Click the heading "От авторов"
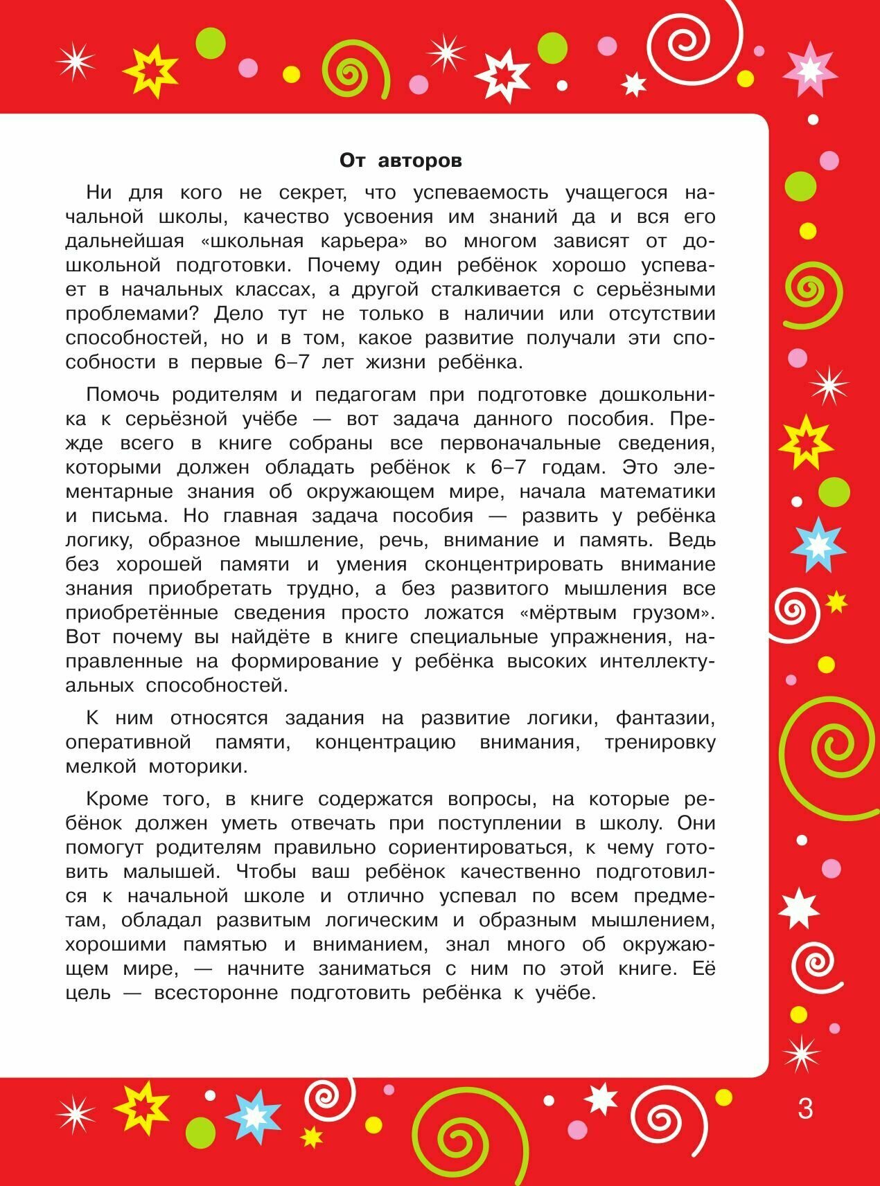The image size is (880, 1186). pyautogui.click(x=401, y=161)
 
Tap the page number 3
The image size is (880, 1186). pyautogui.click(x=805, y=1108)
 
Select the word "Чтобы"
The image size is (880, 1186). pyautogui.click(x=265, y=872)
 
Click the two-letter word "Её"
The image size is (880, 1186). pyautogui.click(x=703, y=969)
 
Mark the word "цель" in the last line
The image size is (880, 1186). pyautogui.click(x=88, y=993)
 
